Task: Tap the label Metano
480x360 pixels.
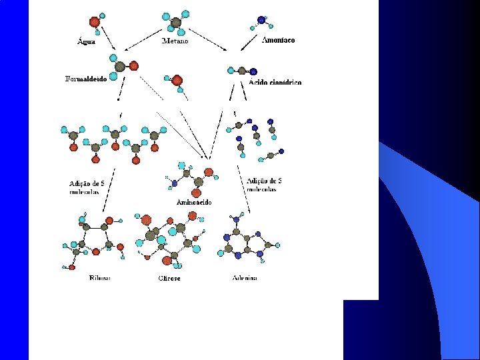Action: (x=175, y=41)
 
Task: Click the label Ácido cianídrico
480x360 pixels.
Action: (x=275, y=82)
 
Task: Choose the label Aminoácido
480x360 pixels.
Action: (x=194, y=201)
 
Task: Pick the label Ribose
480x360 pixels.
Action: (x=100, y=277)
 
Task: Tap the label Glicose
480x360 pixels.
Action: (x=169, y=278)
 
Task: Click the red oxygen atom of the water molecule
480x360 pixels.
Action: (x=95, y=22)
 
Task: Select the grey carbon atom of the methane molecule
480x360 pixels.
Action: (x=176, y=23)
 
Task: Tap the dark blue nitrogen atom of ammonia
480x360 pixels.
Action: (x=261, y=19)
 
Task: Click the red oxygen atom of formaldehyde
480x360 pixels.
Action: (x=134, y=65)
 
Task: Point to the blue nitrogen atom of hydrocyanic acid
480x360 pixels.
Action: (x=253, y=71)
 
